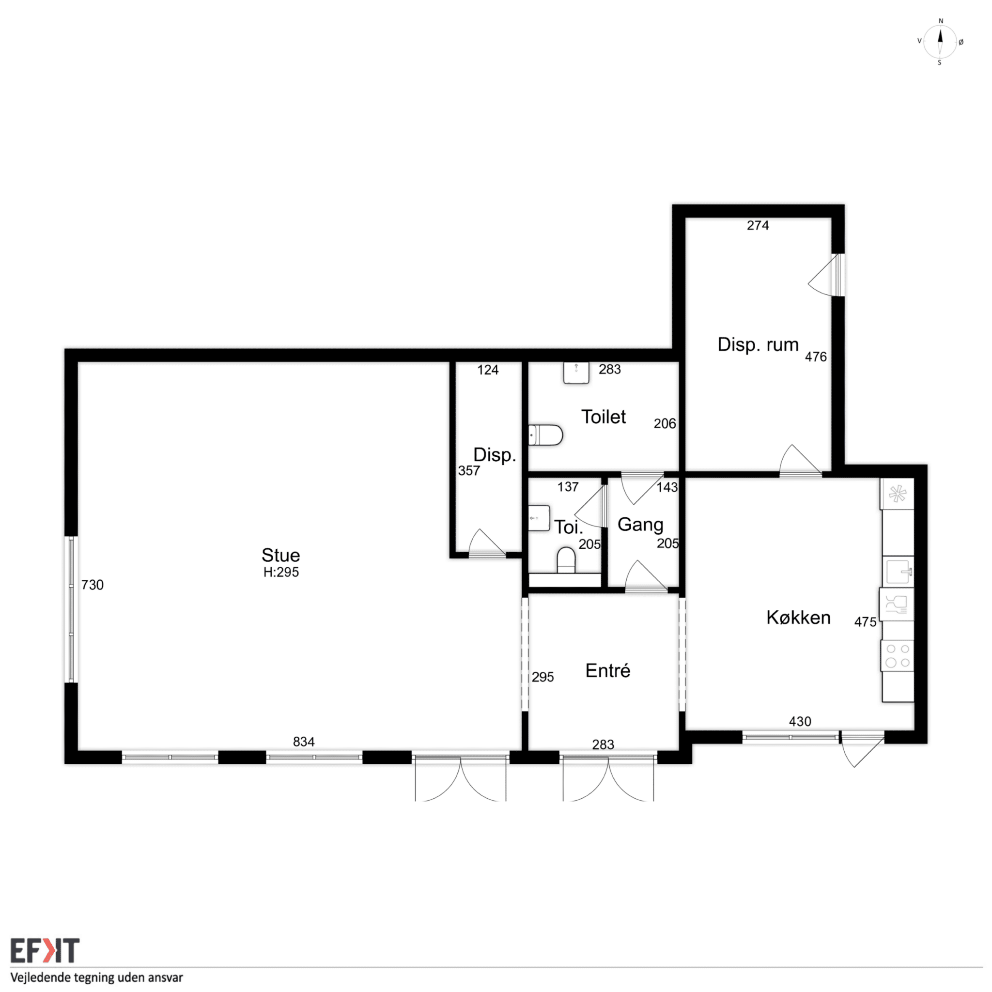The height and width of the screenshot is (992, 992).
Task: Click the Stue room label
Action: (280, 555)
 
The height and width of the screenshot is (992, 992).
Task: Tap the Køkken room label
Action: (798, 617)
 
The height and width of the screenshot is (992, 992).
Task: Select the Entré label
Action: (607, 670)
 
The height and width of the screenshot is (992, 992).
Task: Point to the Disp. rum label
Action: (758, 344)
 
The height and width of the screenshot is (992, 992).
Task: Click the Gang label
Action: (640, 525)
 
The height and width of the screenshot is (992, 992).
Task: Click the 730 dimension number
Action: (93, 585)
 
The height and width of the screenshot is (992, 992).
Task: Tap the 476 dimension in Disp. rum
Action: (816, 357)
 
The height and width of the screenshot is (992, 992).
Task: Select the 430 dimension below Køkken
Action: (800, 721)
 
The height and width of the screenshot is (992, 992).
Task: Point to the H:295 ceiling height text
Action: (281, 572)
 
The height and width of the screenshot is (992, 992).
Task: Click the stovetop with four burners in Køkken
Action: (898, 656)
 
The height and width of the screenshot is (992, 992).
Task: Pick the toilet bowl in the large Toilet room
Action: (545, 435)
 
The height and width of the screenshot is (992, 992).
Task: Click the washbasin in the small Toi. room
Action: (539, 519)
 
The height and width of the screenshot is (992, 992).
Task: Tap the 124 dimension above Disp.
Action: (488, 370)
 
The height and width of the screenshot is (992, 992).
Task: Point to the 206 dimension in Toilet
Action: (665, 424)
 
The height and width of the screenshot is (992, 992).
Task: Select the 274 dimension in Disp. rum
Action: (758, 225)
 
